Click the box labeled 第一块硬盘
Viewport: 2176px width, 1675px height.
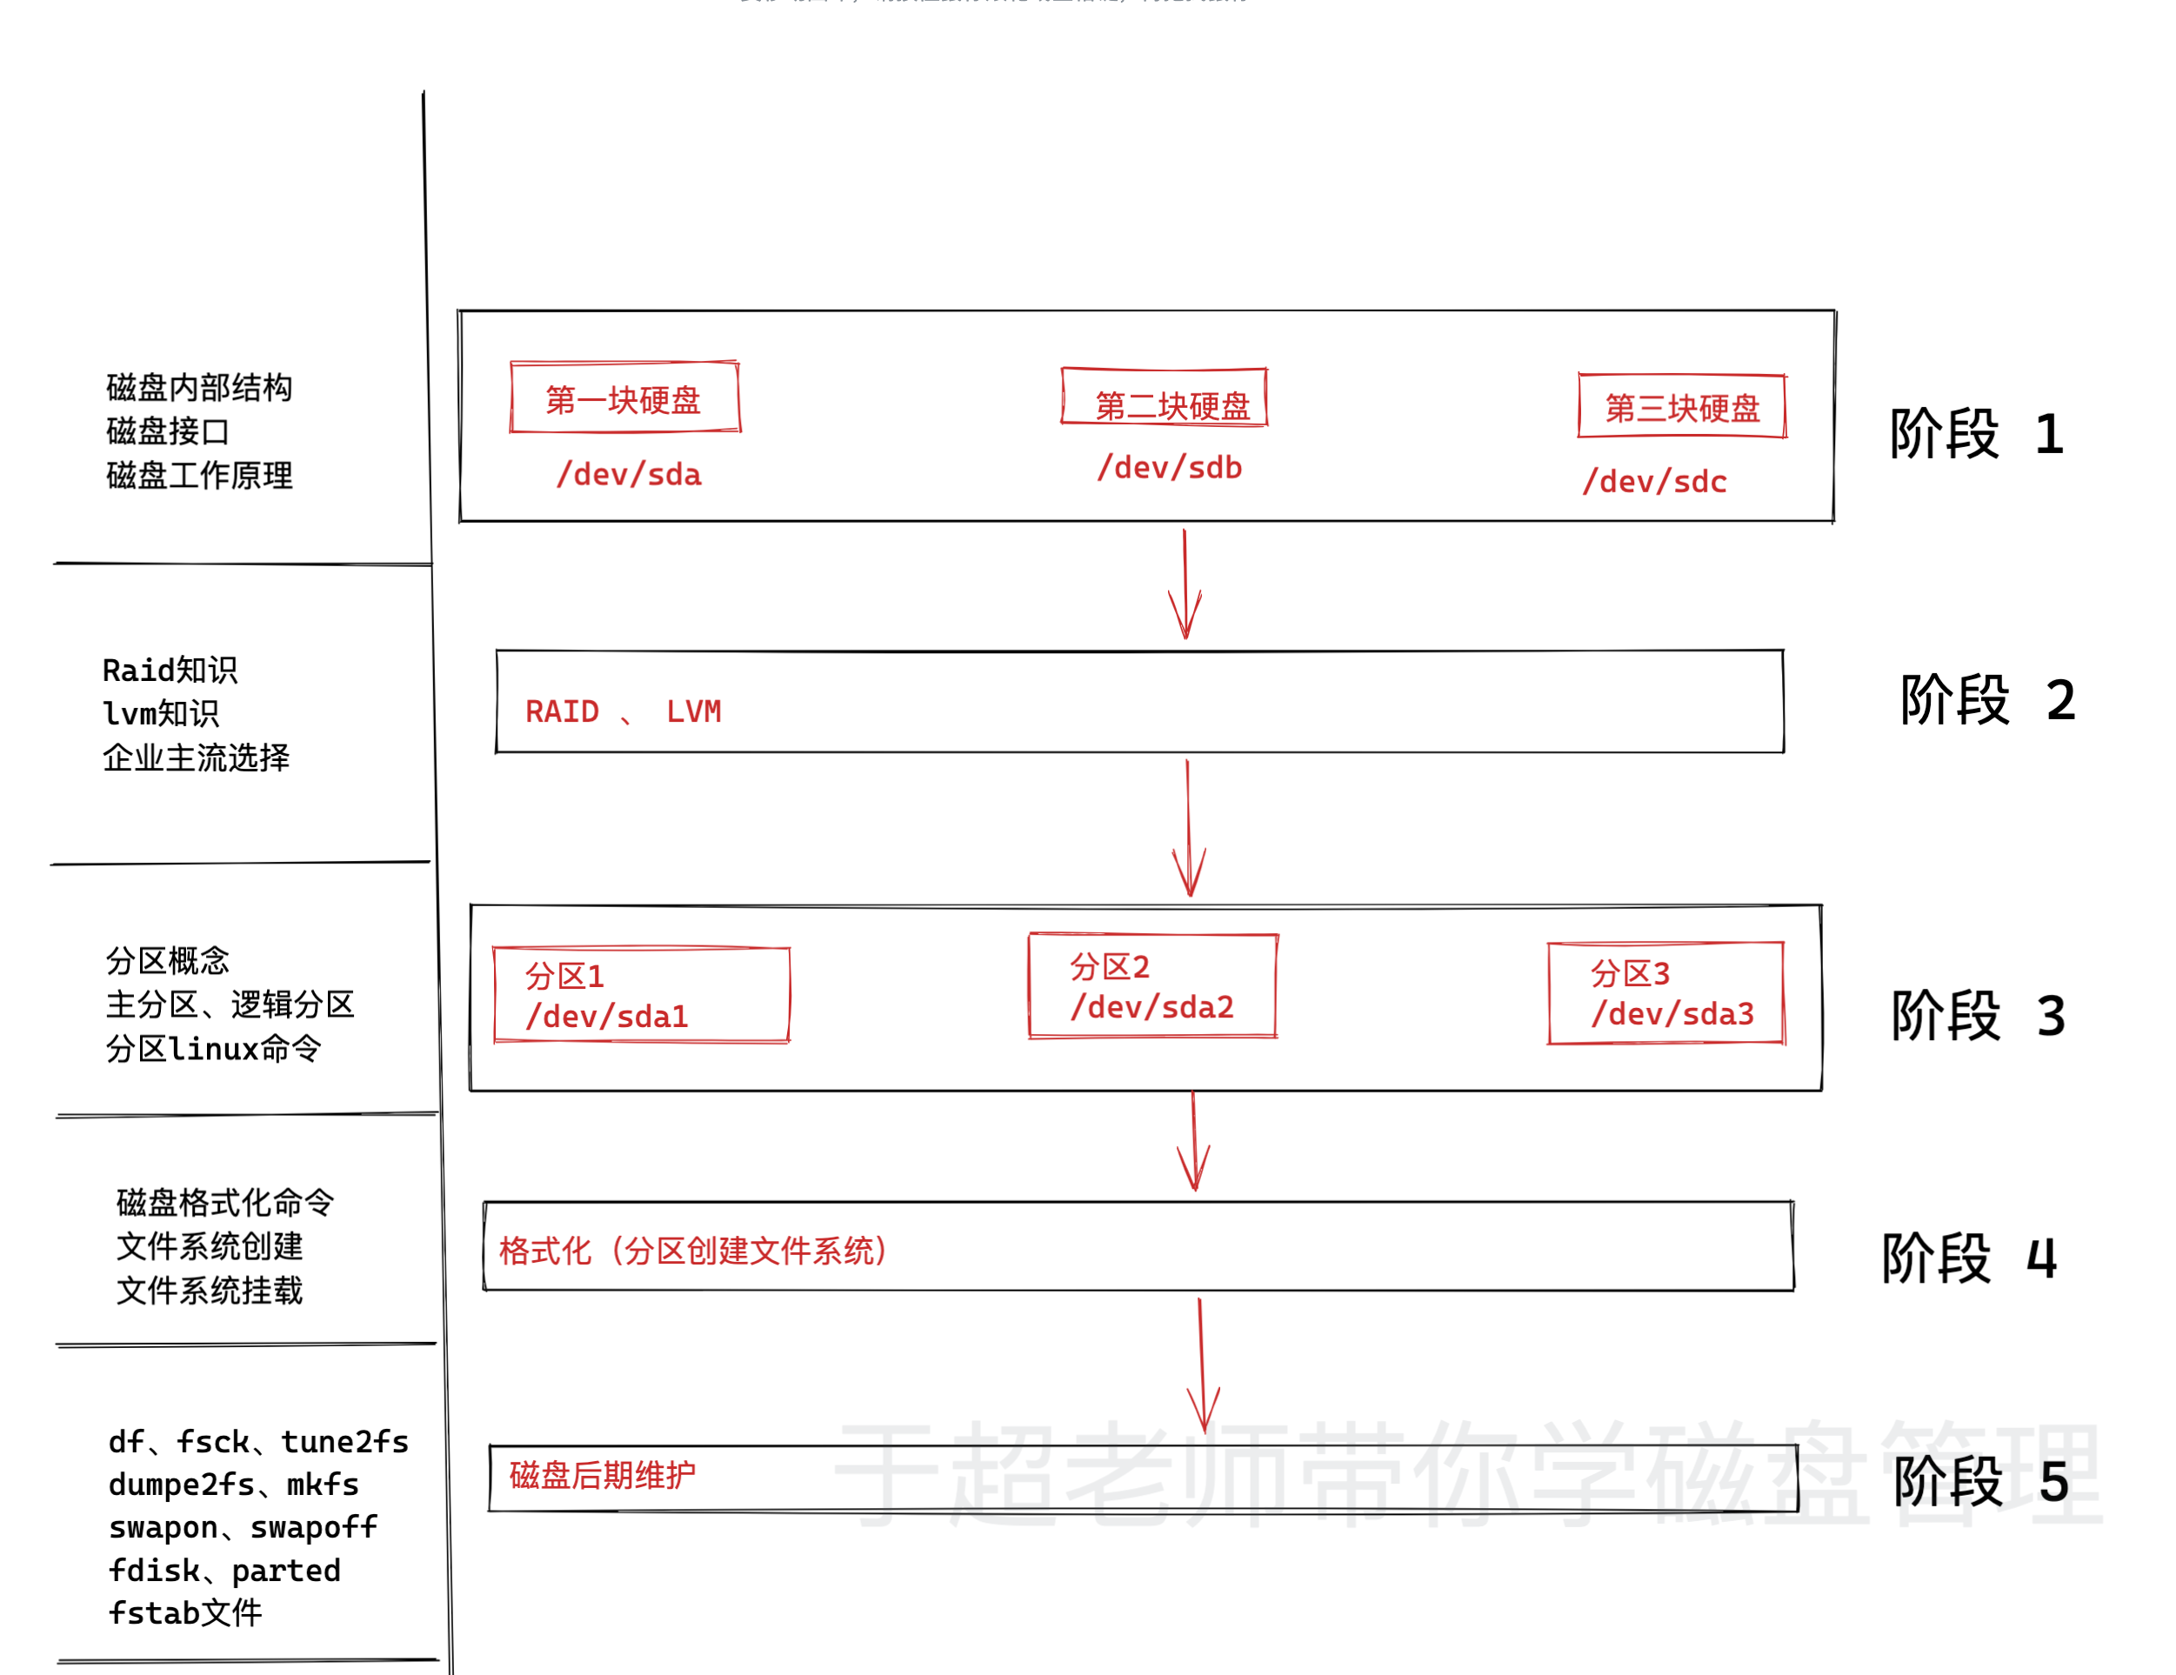click(x=624, y=397)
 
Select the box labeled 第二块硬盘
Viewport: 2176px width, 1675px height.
click(x=1164, y=397)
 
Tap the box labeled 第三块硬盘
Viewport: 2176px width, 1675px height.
click(x=1682, y=406)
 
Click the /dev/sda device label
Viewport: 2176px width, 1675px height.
click(x=629, y=474)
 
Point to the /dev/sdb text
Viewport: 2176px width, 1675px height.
click(x=1170, y=467)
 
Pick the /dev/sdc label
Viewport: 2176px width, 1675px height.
click(x=1655, y=481)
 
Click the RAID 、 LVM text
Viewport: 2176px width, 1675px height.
click(x=623, y=711)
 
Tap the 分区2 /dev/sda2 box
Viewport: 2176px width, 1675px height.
click(x=1152, y=986)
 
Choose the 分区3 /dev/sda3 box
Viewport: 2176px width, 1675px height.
click(x=1665, y=993)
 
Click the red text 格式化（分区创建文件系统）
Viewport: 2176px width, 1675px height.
click(x=693, y=1251)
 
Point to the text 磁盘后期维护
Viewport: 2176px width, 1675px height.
click(x=602, y=1475)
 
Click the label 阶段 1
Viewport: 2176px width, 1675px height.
click(x=1977, y=435)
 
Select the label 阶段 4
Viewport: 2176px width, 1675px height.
click(x=1969, y=1258)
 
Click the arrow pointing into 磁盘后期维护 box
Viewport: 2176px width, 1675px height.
click(x=1203, y=1365)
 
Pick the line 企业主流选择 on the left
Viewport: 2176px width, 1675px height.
click(x=197, y=757)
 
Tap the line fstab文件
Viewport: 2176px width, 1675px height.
click(x=185, y=1612)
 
